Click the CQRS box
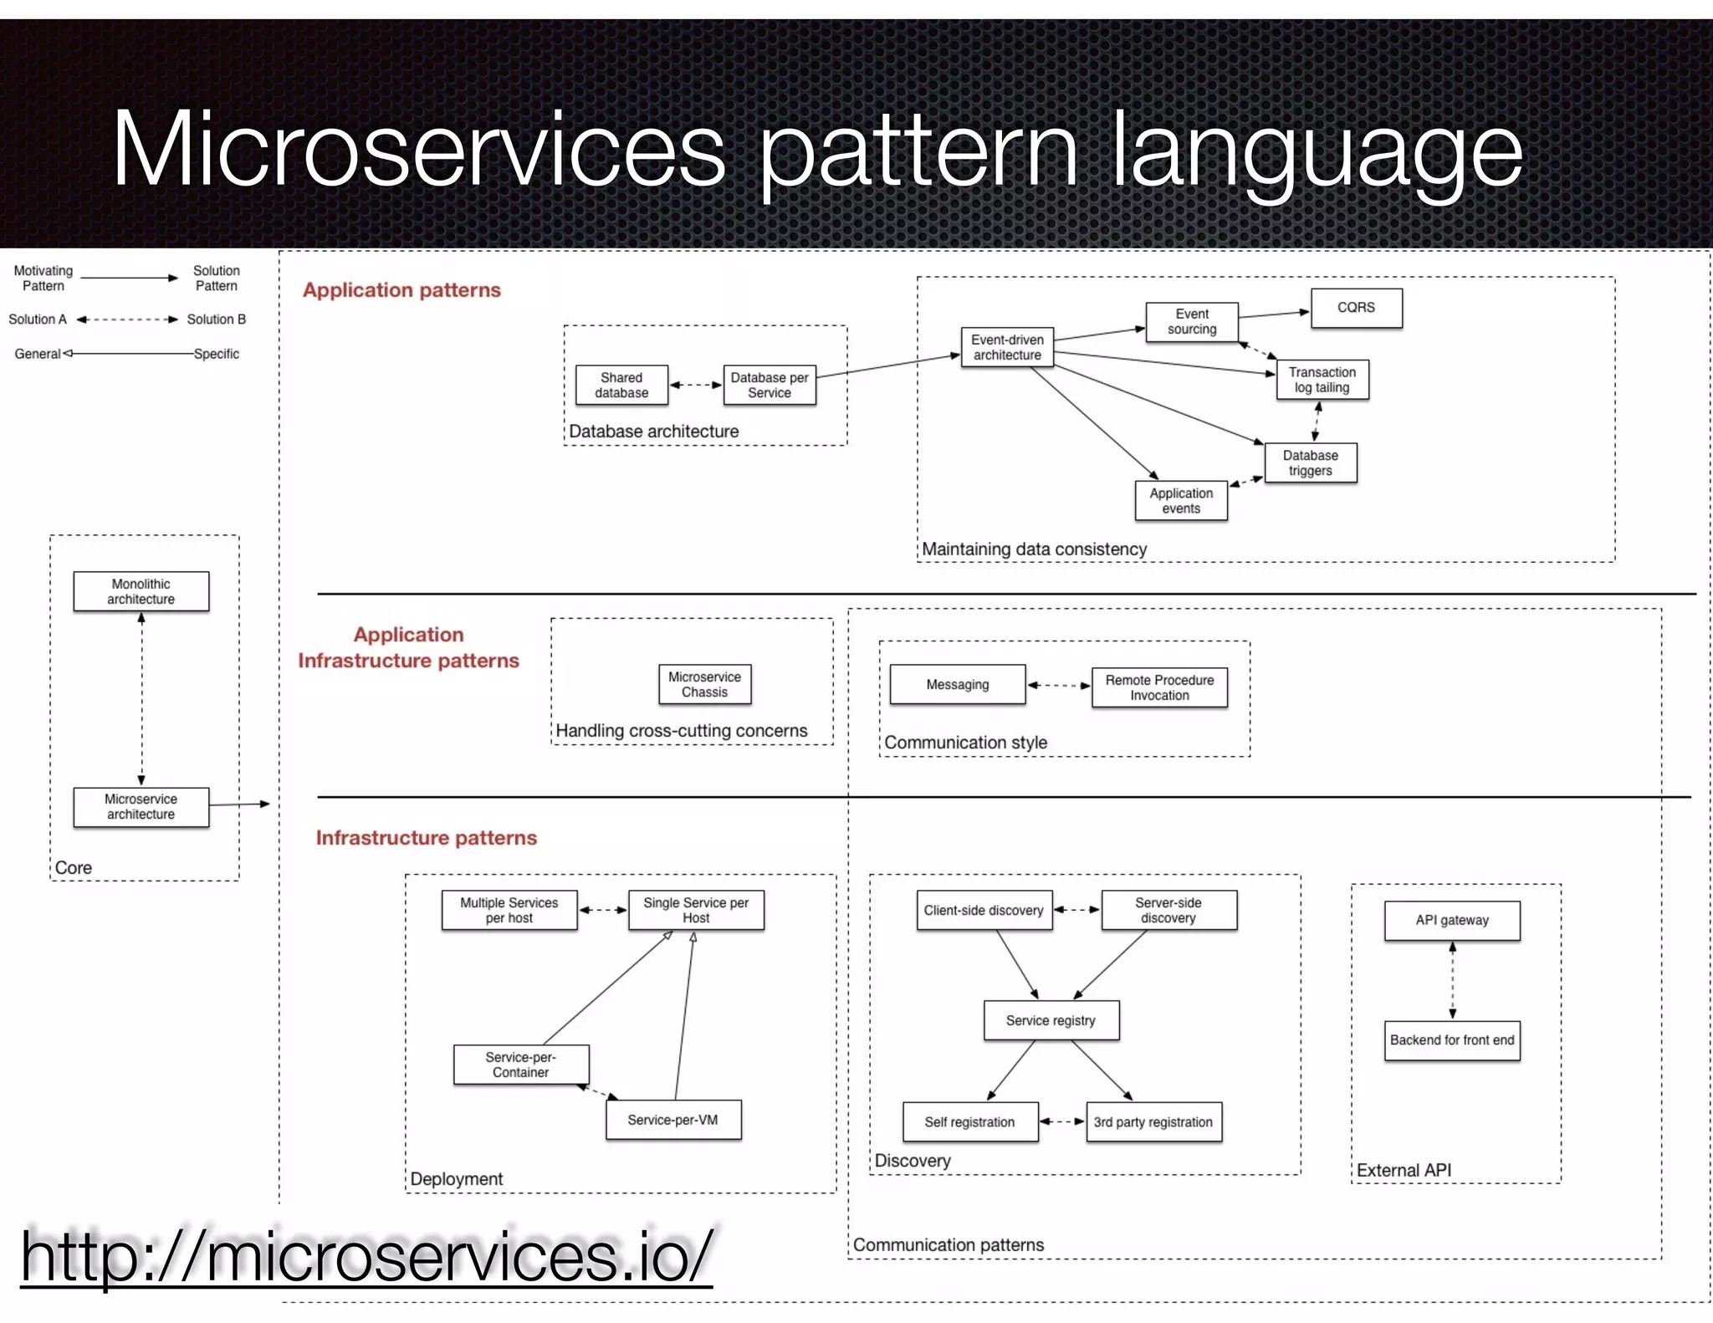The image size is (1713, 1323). pos(1356,308)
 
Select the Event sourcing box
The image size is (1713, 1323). pos(1191,322)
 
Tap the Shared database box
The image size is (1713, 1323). pos(621,386)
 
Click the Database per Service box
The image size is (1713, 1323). pos(769,386)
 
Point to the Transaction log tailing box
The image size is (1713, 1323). pos(1322,380)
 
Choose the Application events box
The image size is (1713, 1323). pos(1180,501)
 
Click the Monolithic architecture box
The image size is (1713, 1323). pos(141,592)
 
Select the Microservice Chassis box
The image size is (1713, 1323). pos(704,685)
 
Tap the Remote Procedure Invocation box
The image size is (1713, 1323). pos(1158,687)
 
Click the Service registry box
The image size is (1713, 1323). pos(1051,1020)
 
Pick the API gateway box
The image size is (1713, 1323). pos(1451,921)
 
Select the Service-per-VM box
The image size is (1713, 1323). pos(672,1120)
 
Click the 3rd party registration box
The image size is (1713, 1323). pos(1153,1122)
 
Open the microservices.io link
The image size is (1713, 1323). pos(366,1257)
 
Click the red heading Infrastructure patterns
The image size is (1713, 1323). pos(426,838)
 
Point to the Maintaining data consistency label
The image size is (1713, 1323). pos(1034,549)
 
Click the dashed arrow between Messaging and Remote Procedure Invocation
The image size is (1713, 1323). pos(1058,686)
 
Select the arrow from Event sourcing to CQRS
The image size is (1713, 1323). pos(1273,314)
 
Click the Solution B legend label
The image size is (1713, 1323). pos(216,319)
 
